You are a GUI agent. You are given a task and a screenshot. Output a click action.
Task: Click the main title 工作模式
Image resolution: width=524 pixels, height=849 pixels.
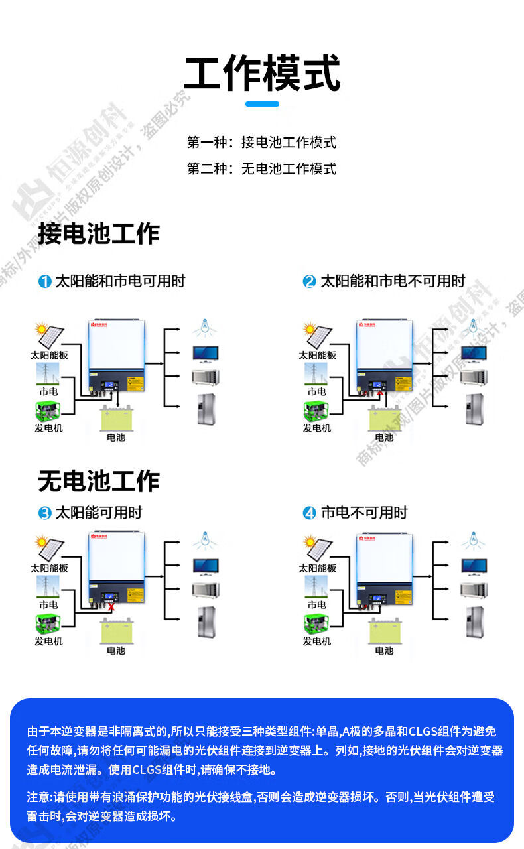tap(262, 73)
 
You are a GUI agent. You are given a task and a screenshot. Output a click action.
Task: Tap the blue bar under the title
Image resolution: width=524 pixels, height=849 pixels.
tap(262, 103)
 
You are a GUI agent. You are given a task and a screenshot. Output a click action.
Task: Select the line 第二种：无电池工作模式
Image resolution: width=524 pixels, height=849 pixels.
tap(262, 168)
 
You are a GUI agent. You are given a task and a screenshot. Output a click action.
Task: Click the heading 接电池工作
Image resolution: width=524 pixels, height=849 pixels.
tap(99, 234)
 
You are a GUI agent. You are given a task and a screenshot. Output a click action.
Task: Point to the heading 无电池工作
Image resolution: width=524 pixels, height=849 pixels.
tap(99, 481)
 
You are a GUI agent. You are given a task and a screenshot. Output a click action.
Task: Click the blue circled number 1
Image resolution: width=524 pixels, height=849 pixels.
tap(44, 281)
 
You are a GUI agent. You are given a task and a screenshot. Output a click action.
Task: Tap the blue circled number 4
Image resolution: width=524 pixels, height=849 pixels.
tap(310, 513)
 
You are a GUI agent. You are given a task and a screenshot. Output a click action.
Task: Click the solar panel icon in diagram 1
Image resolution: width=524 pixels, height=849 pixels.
tap(50, 335)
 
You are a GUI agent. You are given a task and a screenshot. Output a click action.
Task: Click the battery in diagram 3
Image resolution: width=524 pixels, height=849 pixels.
tap(116, 631)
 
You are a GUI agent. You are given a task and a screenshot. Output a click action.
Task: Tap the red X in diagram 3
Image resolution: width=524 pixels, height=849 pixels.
tap(111, 606)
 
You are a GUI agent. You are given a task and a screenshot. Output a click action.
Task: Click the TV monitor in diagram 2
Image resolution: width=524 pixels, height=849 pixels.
tap(474, 354)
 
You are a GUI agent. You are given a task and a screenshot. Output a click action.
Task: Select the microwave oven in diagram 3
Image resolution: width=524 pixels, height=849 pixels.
tap(205, 590)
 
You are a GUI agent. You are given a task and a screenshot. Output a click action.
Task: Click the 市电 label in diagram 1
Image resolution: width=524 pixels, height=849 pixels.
tap(48, 392)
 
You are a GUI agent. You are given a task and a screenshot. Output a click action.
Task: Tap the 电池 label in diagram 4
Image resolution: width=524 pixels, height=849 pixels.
tap(384, 651)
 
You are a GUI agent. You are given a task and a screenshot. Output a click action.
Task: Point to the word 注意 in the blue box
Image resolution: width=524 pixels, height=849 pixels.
tap(39, 797)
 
